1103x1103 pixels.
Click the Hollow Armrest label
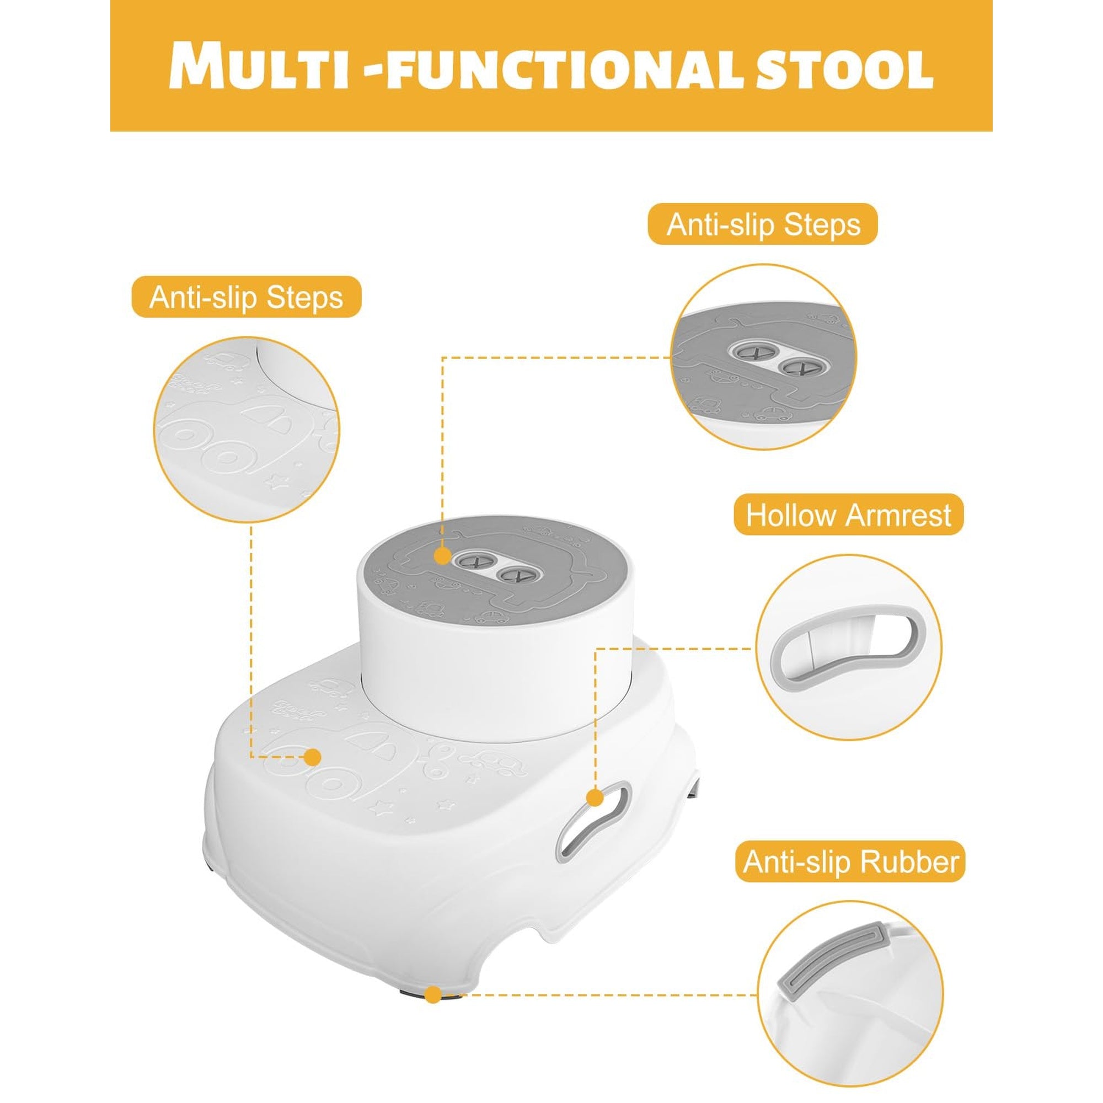848,515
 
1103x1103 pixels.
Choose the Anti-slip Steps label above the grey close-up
763,224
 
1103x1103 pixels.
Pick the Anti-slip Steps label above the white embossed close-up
246,297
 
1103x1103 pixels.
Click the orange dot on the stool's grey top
442,555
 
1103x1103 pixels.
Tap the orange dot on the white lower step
312,757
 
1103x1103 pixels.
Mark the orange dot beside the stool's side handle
595,797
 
